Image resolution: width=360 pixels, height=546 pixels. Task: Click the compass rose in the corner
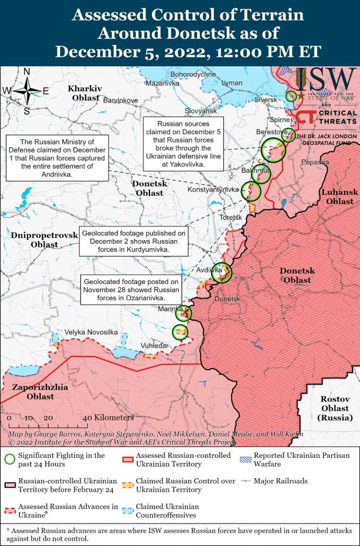tap(27, 91)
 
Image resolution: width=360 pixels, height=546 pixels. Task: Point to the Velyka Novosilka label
tap(91, 332)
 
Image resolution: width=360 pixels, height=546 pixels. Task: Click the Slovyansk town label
tap(200, 111)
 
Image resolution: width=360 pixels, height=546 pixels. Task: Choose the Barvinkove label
tap(121, 100)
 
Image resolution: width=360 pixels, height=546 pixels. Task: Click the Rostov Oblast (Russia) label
tap(331, 408)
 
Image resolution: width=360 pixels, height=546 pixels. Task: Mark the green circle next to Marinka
tap(184, 313)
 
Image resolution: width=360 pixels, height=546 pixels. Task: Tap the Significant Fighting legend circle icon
tap(9, 459)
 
